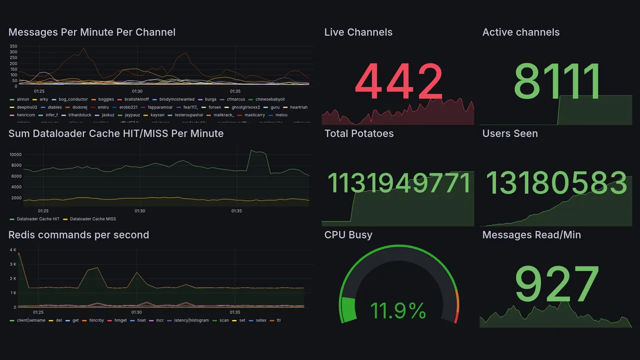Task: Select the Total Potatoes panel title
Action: [x=358, y=133]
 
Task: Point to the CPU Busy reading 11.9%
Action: [x=398, y=310]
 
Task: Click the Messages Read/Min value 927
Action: [x=556, y=285]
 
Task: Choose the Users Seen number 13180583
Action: [x=556, y=183]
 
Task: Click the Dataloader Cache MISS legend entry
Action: [x=92, y=219]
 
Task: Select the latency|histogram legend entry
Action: [x=191, y=320]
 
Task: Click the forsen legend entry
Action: [x=214, y=107]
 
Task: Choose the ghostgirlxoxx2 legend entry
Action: [x=245, y=107]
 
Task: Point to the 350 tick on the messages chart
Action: [x=13, y=46]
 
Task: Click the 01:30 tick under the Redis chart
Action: [x=136, y=312]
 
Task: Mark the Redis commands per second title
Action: [x=78, y=235]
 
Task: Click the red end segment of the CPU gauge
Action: [x=455, y=317]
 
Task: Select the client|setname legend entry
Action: [x=30, y=320]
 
